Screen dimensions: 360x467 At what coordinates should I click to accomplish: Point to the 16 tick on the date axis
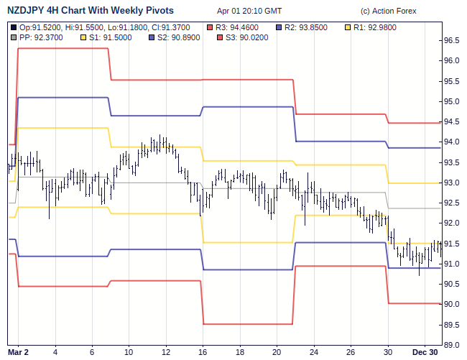click(x=203, y=352)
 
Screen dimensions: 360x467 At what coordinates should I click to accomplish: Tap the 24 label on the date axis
click(x=314, y=352)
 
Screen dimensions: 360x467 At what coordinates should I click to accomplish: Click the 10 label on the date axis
click(x=129, y=352)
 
